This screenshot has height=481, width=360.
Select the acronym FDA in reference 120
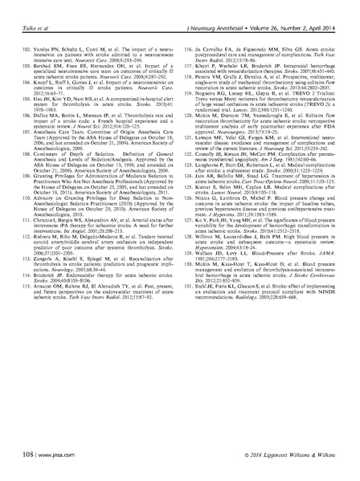tap(318, 142)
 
